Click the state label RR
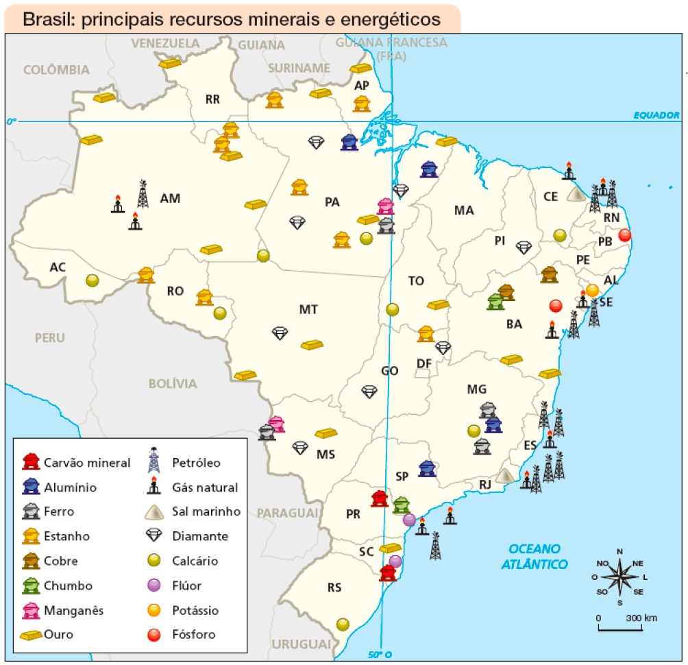[x=212, y=99]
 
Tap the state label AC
[x=58, y=266]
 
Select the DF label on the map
[x=423, y=363]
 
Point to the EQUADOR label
[x=656, y=115]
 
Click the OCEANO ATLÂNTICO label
[x=535, y=556]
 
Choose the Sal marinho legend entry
[x=206, y=511]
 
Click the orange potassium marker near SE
[x=592, y=289]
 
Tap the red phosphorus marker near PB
[x=624, y=235]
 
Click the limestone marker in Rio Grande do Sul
[x=343, y=624]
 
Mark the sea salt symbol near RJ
[x=506, y=474]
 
